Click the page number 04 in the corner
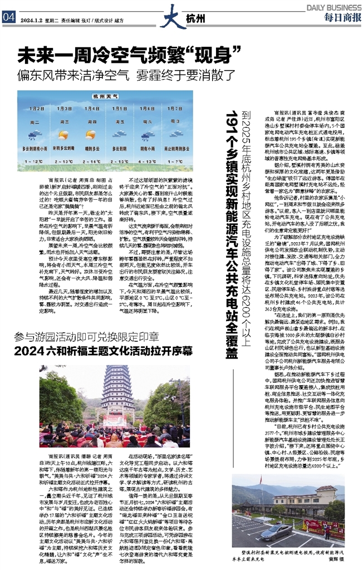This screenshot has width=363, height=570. pos(8,17)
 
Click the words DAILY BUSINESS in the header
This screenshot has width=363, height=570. pos(333,6)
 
